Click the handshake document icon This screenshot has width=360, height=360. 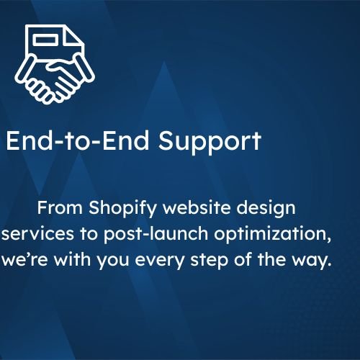55,64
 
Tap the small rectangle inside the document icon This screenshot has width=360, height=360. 45,40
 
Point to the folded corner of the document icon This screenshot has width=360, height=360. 73,35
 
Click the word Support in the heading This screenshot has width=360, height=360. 210,141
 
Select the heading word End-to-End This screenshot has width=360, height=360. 77,140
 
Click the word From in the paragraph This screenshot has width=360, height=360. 60,207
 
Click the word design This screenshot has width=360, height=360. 266,209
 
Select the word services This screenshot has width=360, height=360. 37,233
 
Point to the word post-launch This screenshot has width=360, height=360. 156,235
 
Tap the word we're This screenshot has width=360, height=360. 24,260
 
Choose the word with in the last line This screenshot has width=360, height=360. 72,259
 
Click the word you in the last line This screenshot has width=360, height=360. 113,261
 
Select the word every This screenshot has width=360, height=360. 160,261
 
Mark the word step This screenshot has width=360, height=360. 209,261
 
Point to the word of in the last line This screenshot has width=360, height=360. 243,259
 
